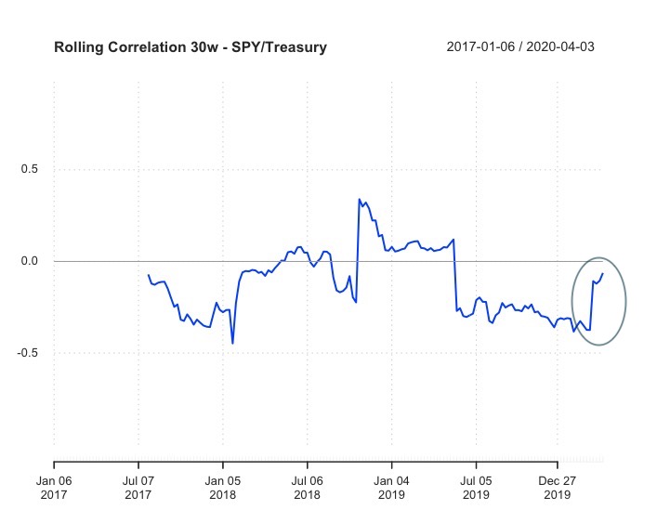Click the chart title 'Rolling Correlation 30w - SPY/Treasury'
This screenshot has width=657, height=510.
[x=191, y=46]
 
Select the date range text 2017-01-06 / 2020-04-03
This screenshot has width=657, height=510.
[x=520, y=46]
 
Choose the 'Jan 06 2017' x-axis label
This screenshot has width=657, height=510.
[x=54, y=488]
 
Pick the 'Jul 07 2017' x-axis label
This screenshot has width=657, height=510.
[x=138, y=488]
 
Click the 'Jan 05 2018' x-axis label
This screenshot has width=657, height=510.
[x=223, y=488]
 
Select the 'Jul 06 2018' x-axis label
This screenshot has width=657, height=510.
[x=308, y=488]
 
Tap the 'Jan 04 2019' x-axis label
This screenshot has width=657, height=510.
[x=392, y=488]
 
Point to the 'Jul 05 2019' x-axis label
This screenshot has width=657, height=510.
[x=477, y=488]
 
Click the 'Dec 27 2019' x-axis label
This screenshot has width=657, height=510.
[x=558, y=488]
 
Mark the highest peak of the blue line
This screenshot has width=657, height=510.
[x=359, y=199]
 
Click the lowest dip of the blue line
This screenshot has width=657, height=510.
[x=232, y=343]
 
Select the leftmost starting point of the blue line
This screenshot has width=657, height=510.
[x=148, y=275]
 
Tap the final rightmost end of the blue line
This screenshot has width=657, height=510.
[x=603, y=273]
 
